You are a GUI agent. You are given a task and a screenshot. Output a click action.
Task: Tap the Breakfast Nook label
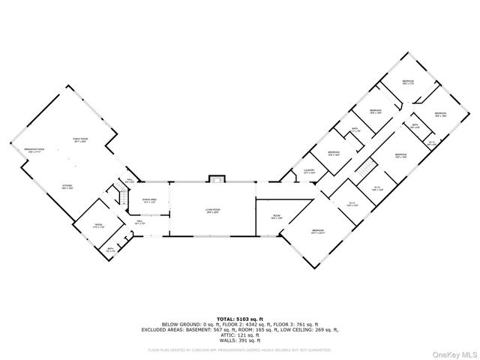pyautogui.click(x=35, y=150)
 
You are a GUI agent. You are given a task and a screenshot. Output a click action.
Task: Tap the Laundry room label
pyautogui.click(x=308, y=171)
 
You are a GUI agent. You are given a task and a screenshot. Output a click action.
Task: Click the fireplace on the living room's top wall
pyautogui.click(x=217, y=178)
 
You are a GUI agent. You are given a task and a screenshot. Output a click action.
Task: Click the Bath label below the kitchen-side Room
pyautogui.click(x=109, y=249)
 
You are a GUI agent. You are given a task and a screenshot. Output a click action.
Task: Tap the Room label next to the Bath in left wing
pyautogui.click(x=98, y=225)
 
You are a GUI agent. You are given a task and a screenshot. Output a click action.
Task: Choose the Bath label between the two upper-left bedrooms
pyautogui.click(x=355, y=129)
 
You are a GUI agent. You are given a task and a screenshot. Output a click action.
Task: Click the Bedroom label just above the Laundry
pyautogui.click(x=334, y=152)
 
